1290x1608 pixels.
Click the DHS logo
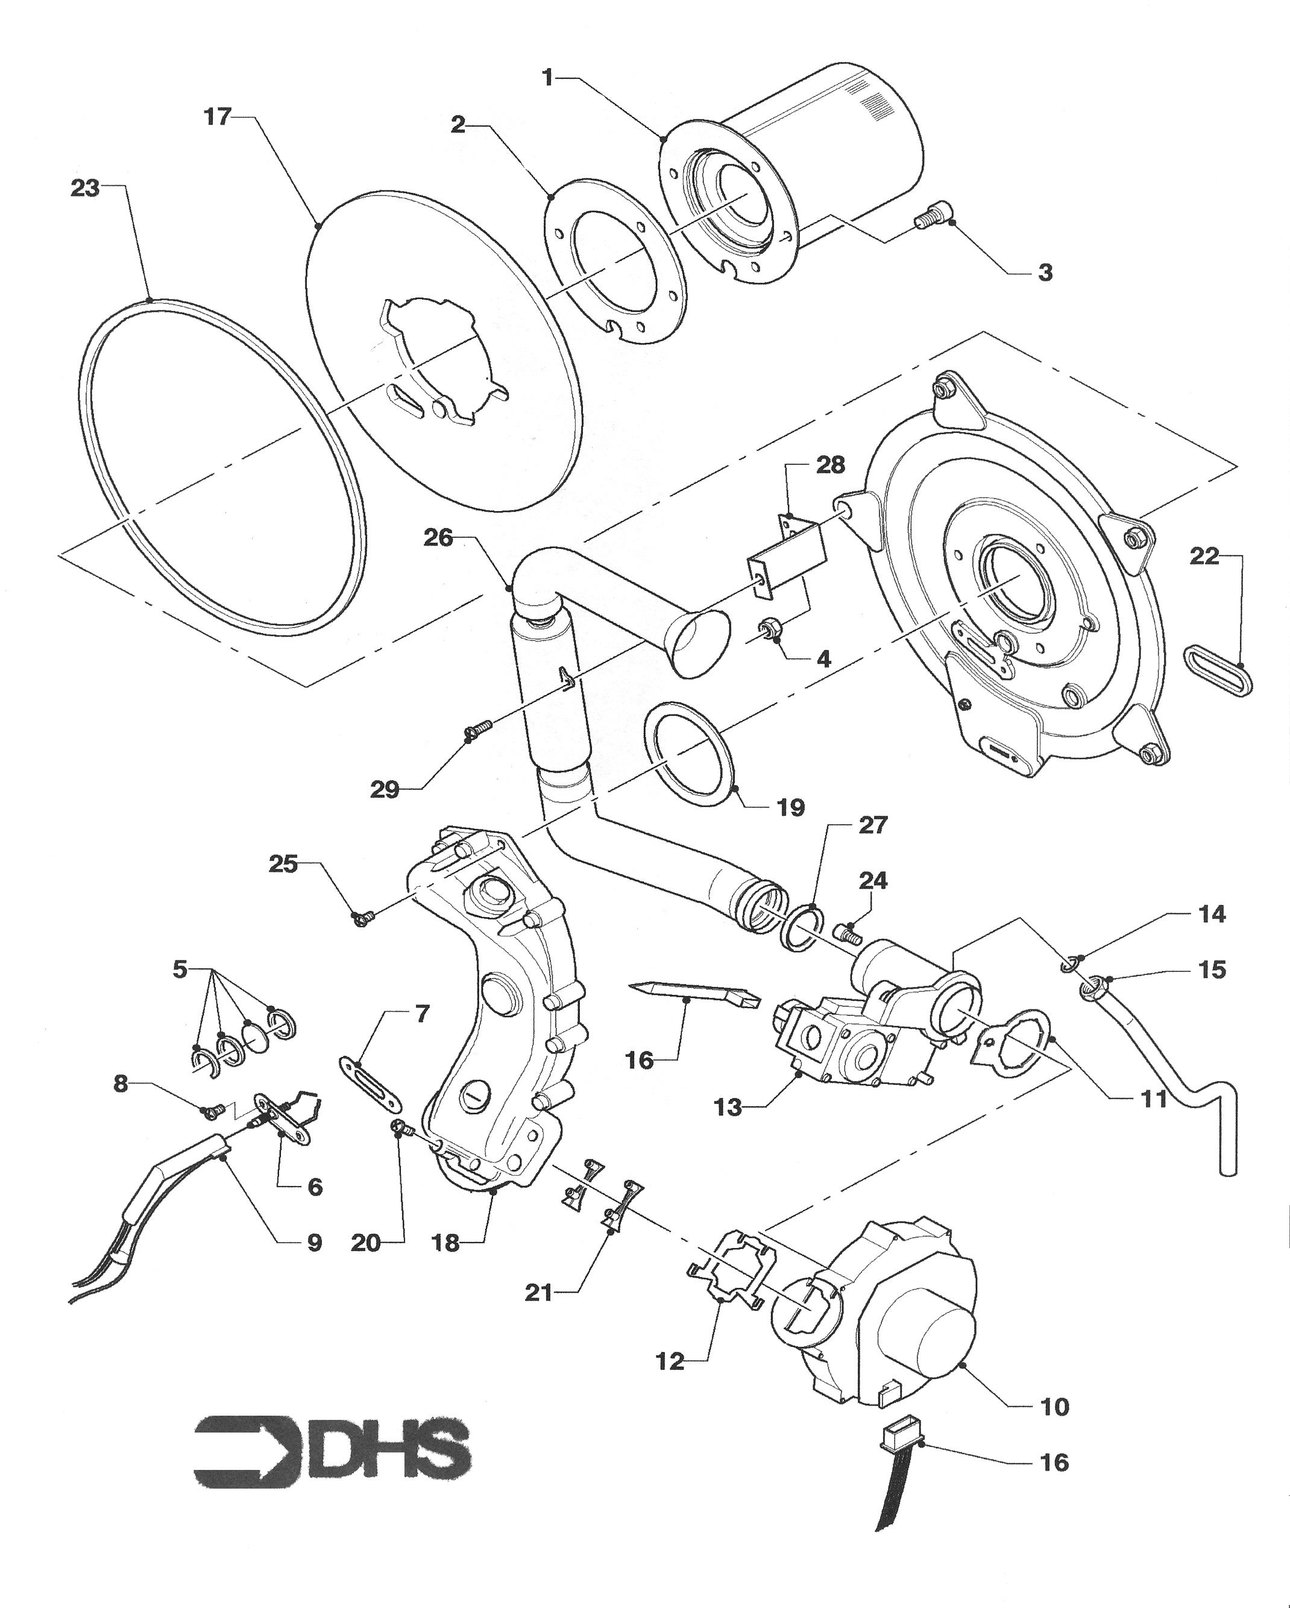(x=332, y=1451)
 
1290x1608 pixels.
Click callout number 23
(x=84, y=188)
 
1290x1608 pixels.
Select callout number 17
(x=218, y=117)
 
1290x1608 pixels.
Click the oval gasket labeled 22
(x=1218, y=670)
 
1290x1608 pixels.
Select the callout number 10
(x=1054, y=1407)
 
